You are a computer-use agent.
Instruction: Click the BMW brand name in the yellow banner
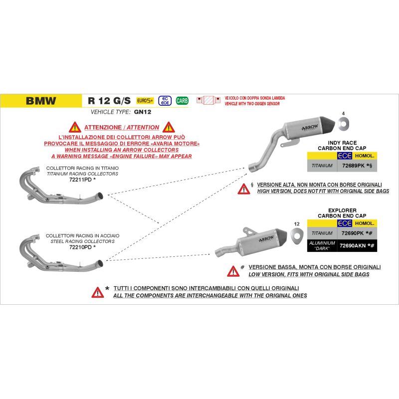[41, 100]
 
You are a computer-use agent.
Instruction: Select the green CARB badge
[182, 100]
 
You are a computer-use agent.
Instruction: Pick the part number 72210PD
[80, 246]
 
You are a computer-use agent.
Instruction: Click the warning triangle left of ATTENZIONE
[75, 127]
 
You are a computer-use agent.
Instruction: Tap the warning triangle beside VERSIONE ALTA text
[243, 189]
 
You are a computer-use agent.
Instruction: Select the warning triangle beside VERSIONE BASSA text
[233, 271]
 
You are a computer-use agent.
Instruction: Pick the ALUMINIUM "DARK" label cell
[322, 245]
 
